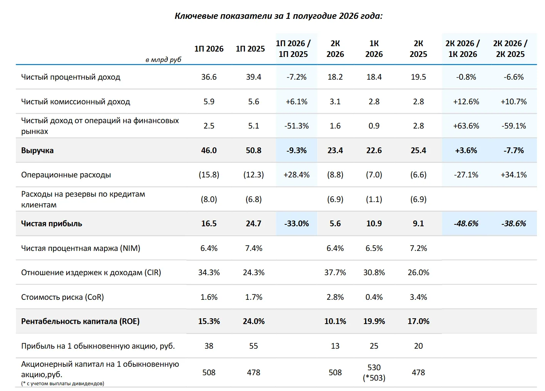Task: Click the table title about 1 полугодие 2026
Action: (x=278, y=16)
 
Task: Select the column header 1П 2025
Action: (x=250, y=49)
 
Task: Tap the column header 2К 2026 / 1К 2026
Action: (x=463, y=49)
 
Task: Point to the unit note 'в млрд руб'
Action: (x=163, y=60)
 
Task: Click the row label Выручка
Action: (x=37, y=150)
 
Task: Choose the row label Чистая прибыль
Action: (x=52, y=224)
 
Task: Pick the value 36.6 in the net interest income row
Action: (x=209, y=77)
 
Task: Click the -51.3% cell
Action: (x=296, y=126)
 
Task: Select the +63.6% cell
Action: (x=466, y=126)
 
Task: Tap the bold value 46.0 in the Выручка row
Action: (x=209, y=150)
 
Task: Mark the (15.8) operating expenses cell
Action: (x=209, y=175)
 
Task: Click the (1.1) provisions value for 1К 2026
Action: (x=374, y=199)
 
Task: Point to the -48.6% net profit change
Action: (x=466, y=224)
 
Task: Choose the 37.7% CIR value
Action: (x=335, y=272)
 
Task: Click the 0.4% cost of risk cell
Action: (x=374, y=297)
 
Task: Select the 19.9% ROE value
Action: (x=374, y=321)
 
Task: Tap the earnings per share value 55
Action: (x=253, y=346)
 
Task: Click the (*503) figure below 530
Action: (x=374, y=378)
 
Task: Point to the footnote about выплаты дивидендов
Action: (x=62, y=383)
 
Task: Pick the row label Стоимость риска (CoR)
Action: (x=62, y=297)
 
